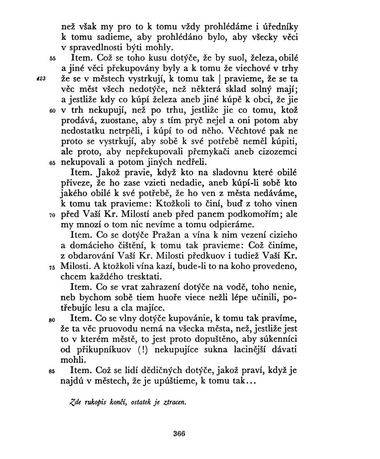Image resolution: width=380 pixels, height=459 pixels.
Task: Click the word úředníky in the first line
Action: (279, 27)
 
